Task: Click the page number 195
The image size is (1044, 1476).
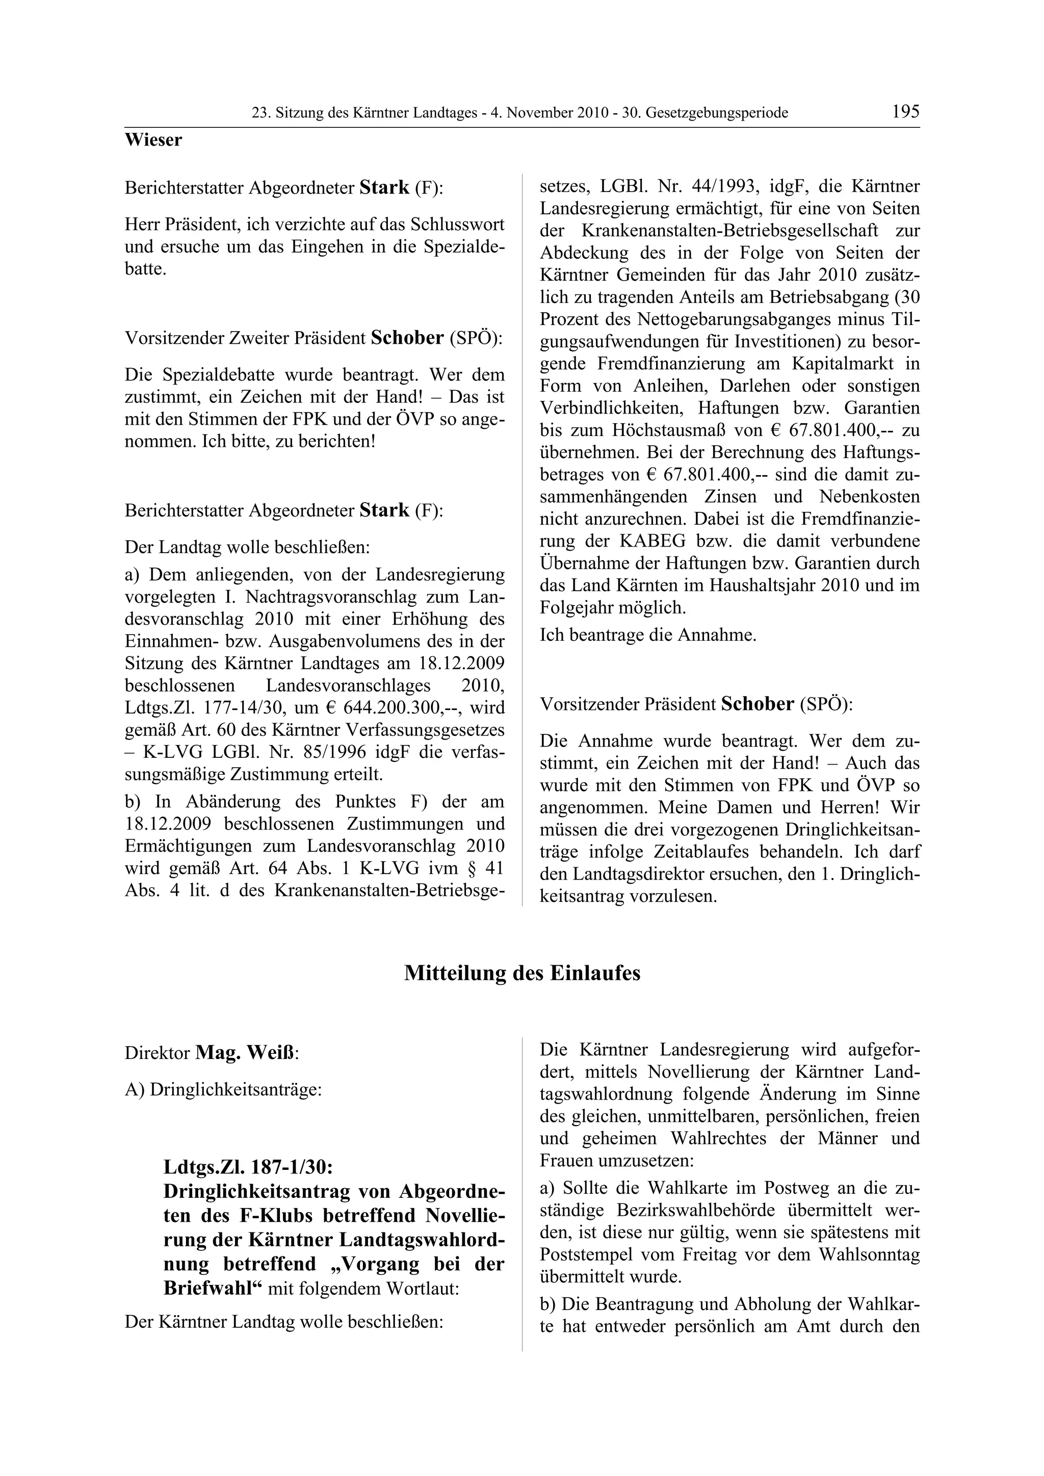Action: pyautogui.click(x=905, y=112)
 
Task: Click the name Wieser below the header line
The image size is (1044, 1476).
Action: pyautogui.click(x=153, y=140)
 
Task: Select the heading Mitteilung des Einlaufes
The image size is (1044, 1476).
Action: pyautogui.click(x=521, y=973)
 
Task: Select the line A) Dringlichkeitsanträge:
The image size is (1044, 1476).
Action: pyautogui.click(x=223, y=1089)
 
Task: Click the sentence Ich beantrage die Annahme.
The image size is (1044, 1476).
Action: pyautogui.click(x=648, y=635)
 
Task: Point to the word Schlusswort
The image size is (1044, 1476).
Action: pyautogui.click(x=457, y=225)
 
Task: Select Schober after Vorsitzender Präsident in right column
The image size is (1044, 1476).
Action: pyautogui.click(x=757, y=704)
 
